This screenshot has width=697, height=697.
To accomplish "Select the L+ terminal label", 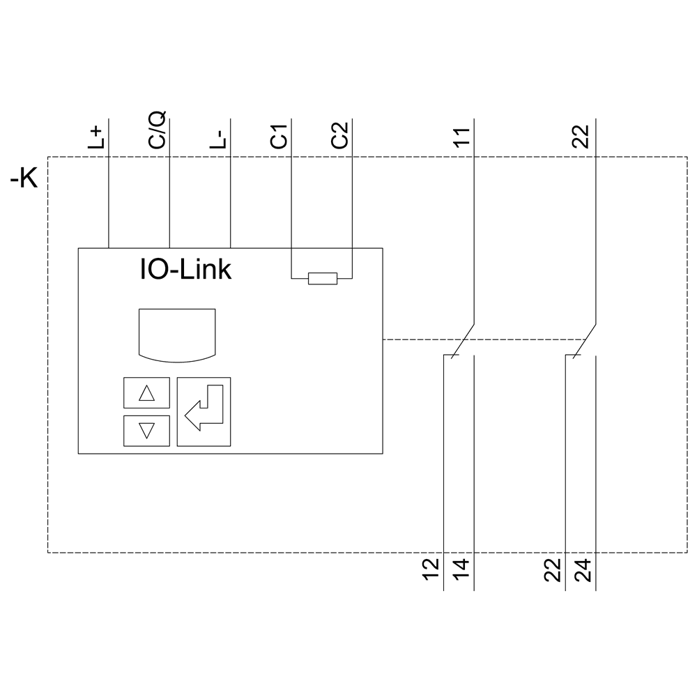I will point(97,137).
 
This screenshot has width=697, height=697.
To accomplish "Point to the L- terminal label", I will point(218,137).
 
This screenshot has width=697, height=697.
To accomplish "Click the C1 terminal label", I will point(279,136).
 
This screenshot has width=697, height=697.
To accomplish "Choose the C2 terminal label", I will point(339,136).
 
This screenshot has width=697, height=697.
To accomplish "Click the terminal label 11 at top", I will point(461,136).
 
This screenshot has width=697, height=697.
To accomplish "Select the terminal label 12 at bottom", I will point(432,569).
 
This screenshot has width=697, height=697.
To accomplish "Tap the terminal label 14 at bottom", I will point(462,569).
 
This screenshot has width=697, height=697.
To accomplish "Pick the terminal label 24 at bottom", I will point(583,569).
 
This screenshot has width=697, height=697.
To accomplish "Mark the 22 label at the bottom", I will point(553,569).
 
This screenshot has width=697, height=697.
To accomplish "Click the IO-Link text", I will point(185,269).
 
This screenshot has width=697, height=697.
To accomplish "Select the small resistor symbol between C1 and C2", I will point(323,279).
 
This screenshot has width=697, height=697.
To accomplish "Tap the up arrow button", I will point(146,393).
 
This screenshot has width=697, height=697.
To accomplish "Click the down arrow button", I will point(146,430).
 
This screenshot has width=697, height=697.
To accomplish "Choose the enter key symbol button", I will point(204,411).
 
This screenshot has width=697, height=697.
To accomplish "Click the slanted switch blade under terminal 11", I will point(464,341).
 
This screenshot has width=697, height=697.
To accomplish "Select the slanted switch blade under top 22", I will point(585,341).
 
